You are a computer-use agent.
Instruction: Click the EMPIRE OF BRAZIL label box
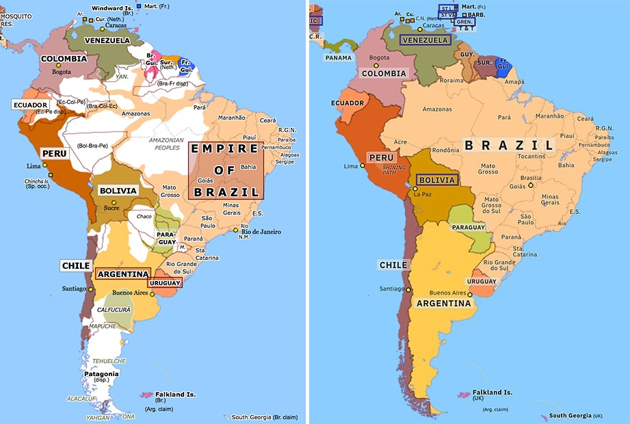(x=226, y=170)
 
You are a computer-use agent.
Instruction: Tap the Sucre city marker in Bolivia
(x=114, y=202)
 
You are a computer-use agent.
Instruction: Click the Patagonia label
(x=101, y=374)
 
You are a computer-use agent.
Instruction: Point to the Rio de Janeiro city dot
(x=236, y=229)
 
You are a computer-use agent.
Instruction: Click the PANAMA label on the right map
(x=338, y=58)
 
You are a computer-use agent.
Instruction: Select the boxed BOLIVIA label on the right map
(x=437, y=181)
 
